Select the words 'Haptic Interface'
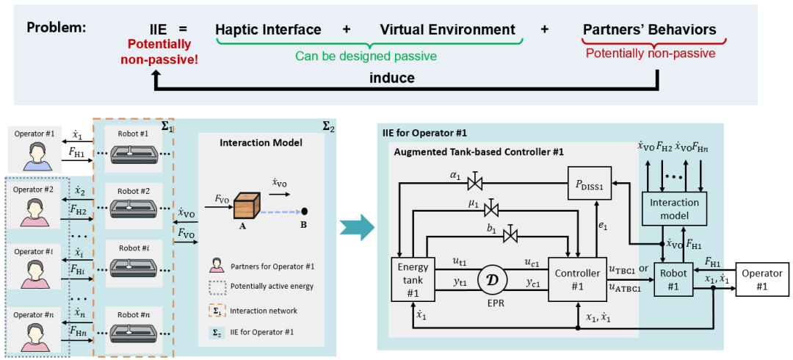[x=268, y=30]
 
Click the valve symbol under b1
[x=513, y=235]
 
